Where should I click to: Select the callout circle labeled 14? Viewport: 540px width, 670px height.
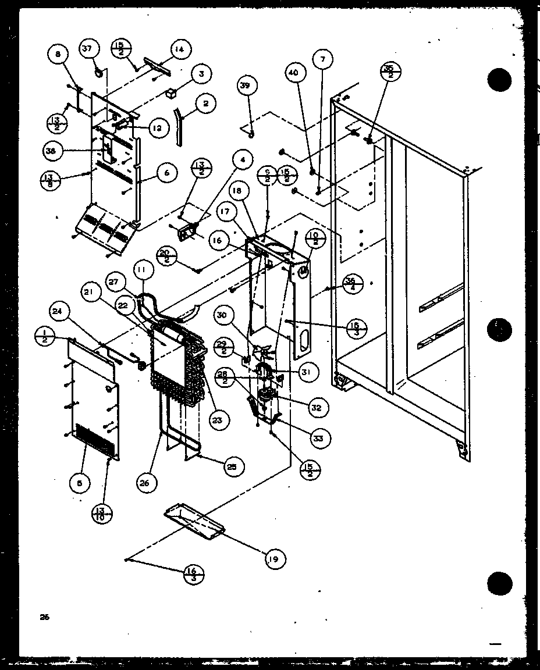[179, 51]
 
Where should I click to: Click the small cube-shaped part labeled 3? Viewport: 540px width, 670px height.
[171, 92]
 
